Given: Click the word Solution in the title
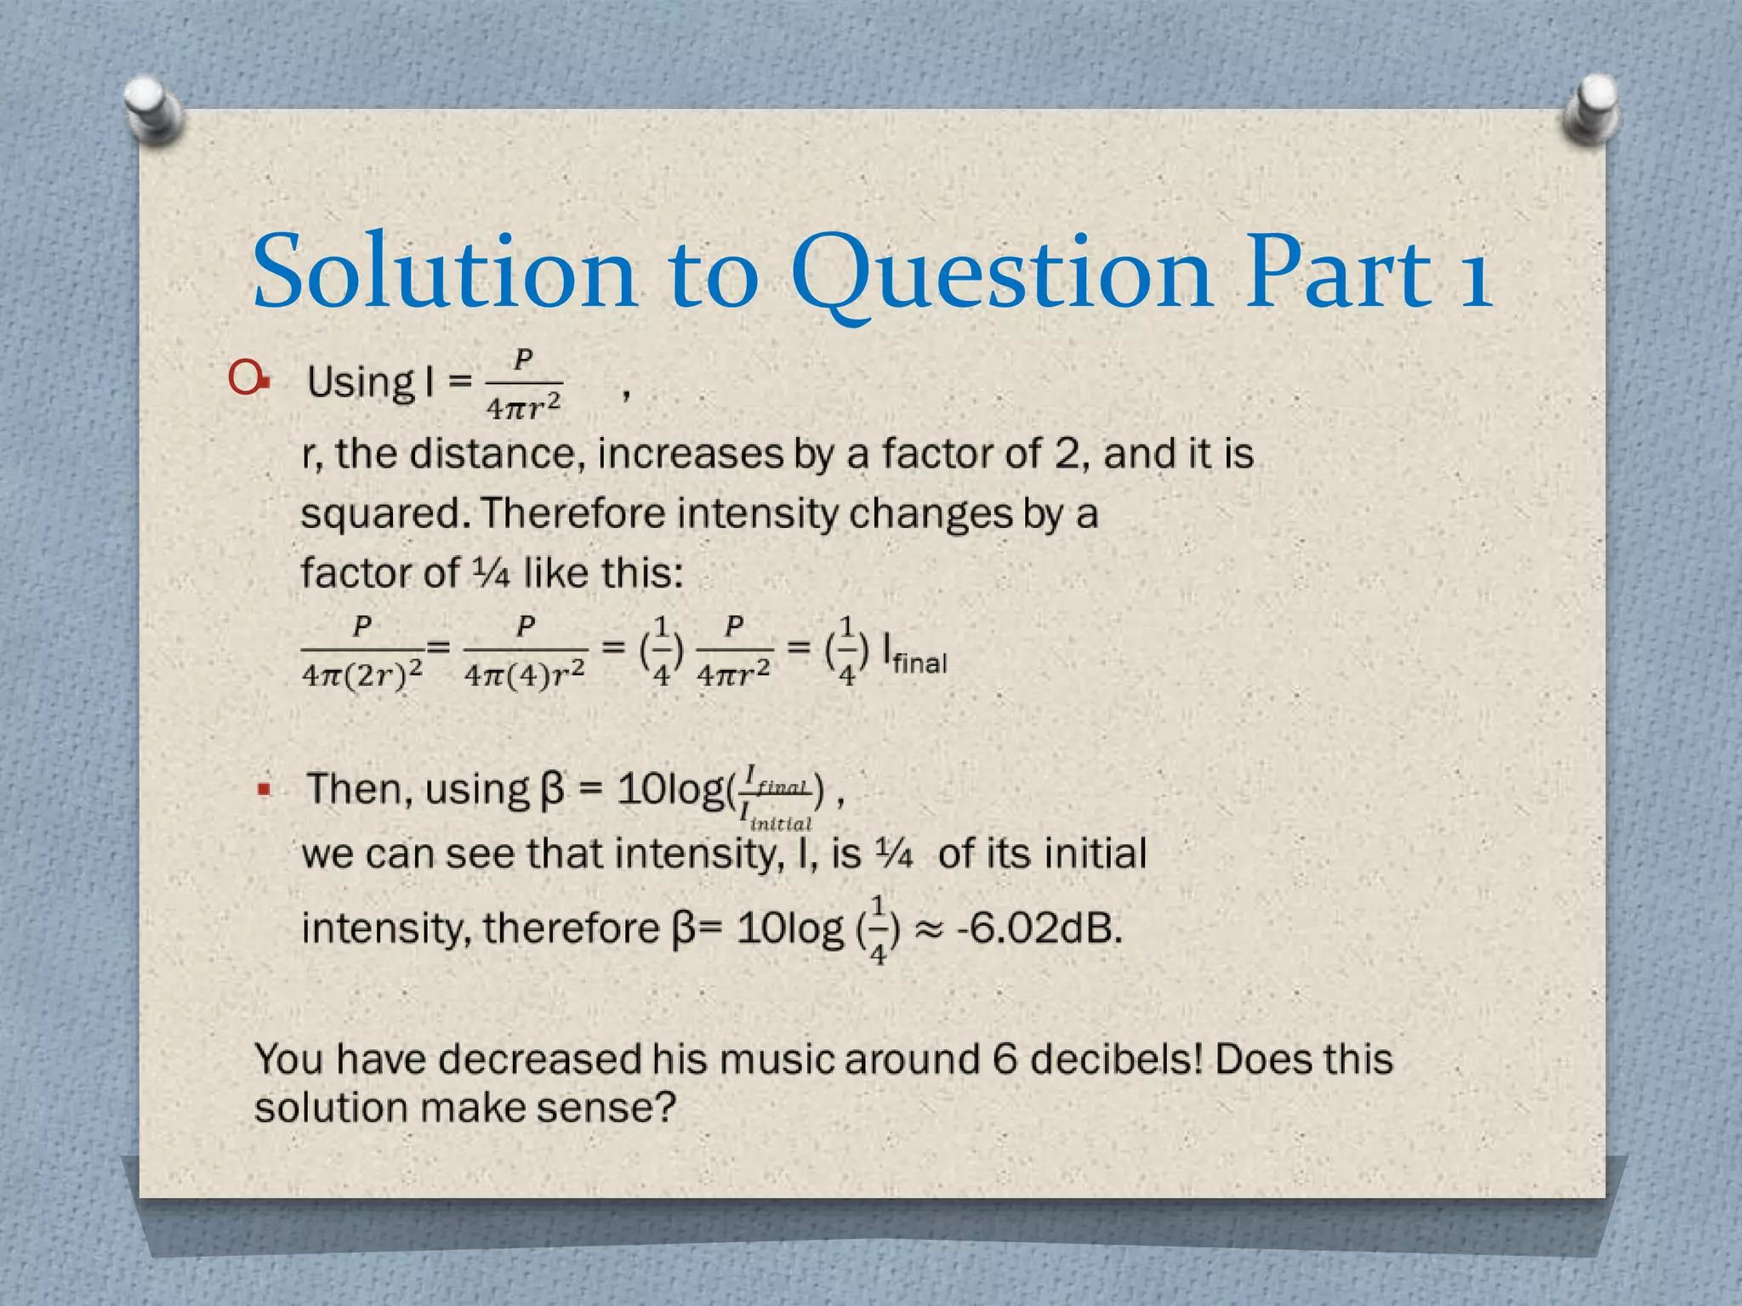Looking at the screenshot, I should click(x=444, y=272).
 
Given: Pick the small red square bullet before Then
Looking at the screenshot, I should click(x=265, y=790).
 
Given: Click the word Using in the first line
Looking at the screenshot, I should click(x=361, y=382).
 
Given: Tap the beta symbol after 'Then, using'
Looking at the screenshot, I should click(x=552, y=789).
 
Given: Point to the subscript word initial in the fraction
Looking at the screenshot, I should click(x=781, y=823).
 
